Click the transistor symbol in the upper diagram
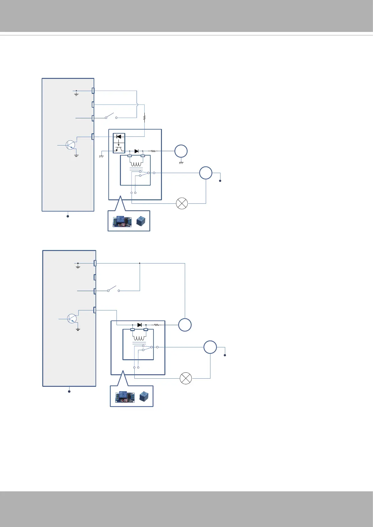[70, 145]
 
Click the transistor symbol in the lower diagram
[72, 319]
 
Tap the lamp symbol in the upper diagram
[182, 203]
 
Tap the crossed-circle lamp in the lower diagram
[186, 378]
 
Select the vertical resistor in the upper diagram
[144, 118]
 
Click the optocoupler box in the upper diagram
[119, 143]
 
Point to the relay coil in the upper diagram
[136, 164]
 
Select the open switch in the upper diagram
[111, 116]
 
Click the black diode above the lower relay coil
[139, 325]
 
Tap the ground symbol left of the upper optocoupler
[101, 156]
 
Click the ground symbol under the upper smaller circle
[181, 163]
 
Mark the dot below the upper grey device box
[68, 216]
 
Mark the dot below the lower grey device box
[69, 391]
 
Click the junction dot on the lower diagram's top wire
[140, 263]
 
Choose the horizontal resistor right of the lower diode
[157, 325]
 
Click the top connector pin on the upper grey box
[93, 91]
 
